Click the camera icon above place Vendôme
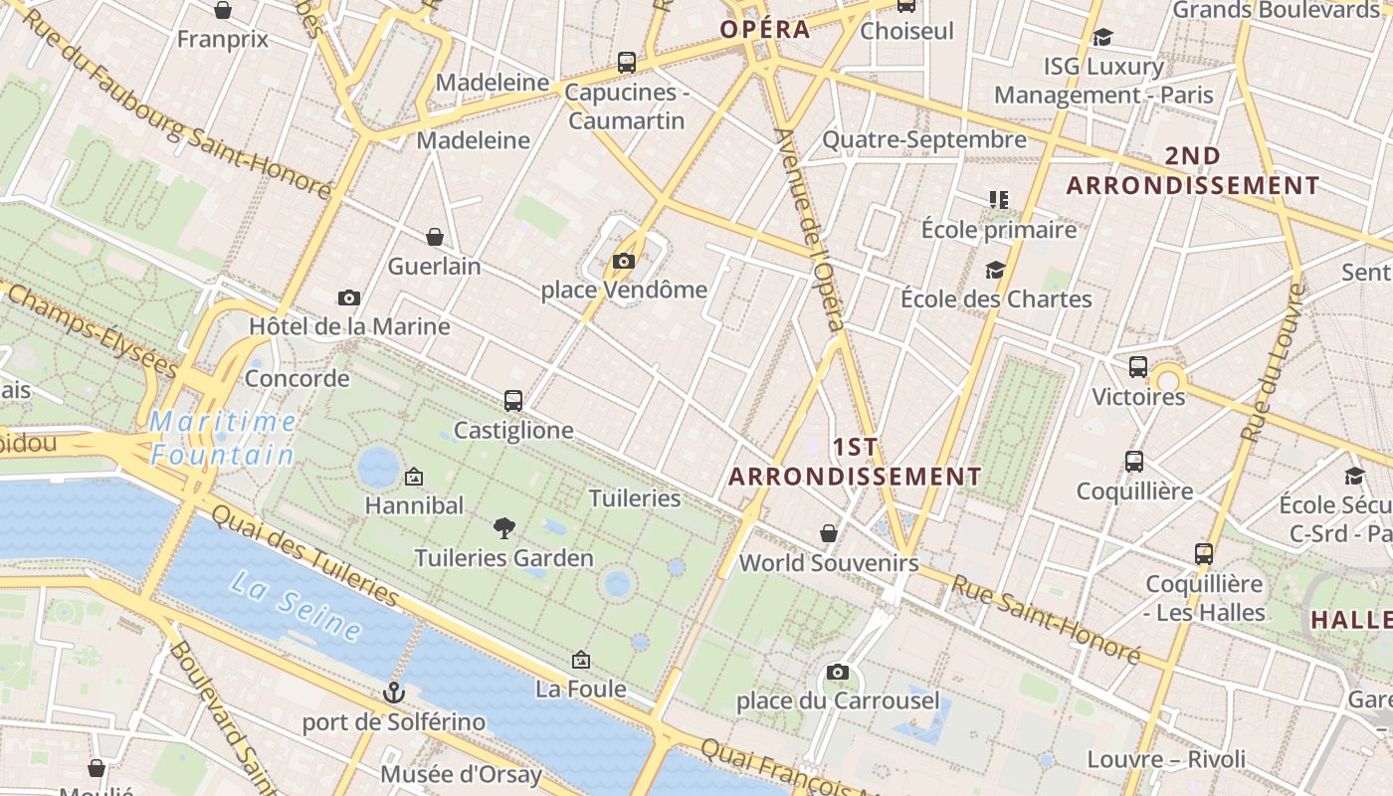[x=624, y=262]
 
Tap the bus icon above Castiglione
[x=513, y=401]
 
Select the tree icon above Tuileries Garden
[x=504, y=528]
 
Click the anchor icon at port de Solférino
[x=394, y=692]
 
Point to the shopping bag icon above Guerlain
[x=435, y=237]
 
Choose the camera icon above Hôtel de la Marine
[x=349, y=298]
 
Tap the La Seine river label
[x=296, y=604]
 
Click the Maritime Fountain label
[x=223, y=439]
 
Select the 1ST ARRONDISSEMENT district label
[x=855, y=462]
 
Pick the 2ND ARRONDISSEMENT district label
[x=1193, y=171]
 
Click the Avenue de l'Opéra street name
[x=811, y=229]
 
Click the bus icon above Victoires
[x=1138, y=367]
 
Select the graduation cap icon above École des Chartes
[x=995, y=270]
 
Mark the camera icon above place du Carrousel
[x=838, y=672]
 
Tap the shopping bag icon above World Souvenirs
[x=828, y=534]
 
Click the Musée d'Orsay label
[x=461, y=774]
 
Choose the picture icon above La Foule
[x=581, y=660]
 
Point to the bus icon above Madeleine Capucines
[x=627, y=63]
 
